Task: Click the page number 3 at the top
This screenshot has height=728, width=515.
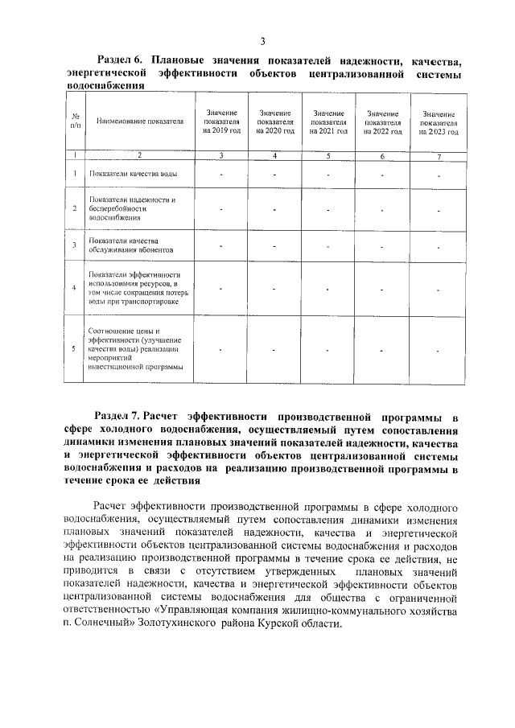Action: (262, 41)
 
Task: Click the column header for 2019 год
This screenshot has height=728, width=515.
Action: (221, 122)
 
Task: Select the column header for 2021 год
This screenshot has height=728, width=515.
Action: (328, 122)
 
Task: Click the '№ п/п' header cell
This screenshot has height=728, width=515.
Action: (75, 121)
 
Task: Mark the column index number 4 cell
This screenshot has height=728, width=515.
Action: (274, 154)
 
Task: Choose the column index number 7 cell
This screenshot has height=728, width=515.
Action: (439, 154)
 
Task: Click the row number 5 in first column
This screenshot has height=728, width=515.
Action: (75, 348)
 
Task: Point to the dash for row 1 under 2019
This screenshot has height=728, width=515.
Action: (221, 174)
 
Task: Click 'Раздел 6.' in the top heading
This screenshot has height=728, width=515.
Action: (119, 60)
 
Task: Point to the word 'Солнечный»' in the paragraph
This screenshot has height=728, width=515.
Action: (101, 631)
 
